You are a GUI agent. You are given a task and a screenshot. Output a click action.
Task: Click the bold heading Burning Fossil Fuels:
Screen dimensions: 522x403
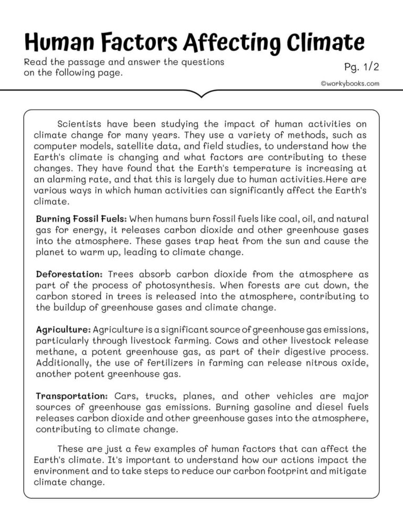(81, 218)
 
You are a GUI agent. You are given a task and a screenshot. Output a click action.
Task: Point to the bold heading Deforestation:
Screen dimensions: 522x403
(69, 274)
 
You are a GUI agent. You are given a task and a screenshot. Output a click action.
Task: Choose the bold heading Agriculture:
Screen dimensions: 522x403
(63, 330)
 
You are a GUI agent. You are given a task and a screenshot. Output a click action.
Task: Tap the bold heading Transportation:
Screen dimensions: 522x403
(72, 395)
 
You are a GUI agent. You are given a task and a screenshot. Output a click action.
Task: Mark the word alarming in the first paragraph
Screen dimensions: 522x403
(66, 179)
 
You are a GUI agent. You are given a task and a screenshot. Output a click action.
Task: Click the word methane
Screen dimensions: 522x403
(55, 352)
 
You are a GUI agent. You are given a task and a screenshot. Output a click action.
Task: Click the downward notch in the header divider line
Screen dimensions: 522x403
(202, 95)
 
